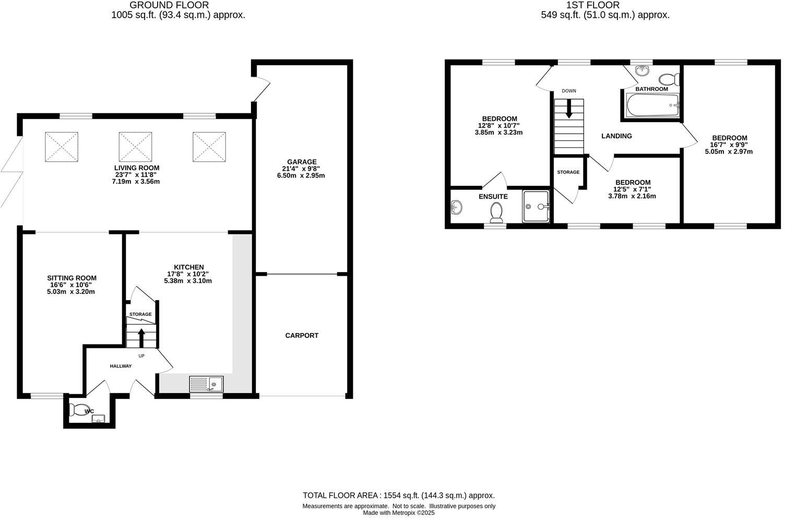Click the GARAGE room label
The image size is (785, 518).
pyautogui.click(x=302, y=162)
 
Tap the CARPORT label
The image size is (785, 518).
pyautogui.click(x=302, y=336)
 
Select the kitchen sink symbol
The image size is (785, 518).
pyautogui.click(x=206, y=384)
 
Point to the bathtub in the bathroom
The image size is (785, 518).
pyautogui.click(x=652, y=106)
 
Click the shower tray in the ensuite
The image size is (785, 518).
pyautogui.click(x=536, y=207)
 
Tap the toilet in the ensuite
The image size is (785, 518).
pyautogui.click(x=496, y=211)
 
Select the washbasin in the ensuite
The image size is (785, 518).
pyautogui.click(x=456, y=207)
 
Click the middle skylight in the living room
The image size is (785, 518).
pyautogui.click(x=135, y=147)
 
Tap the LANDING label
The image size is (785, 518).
pyautogui.click(x=616, y=136)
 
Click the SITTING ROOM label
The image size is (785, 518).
pyautogui.click(x=72, y=278)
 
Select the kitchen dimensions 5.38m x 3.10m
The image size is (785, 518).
pyautogui.click(x=188, y=281)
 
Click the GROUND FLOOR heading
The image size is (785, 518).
pyautogui.click(x=169, y=5)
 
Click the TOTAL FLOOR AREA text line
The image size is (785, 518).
pyautogui.click(x=399, y=496)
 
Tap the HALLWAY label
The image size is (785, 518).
pyautogui.click(x=121, y=366)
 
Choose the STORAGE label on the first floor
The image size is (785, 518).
pyautogui.click(x=568, y=172)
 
